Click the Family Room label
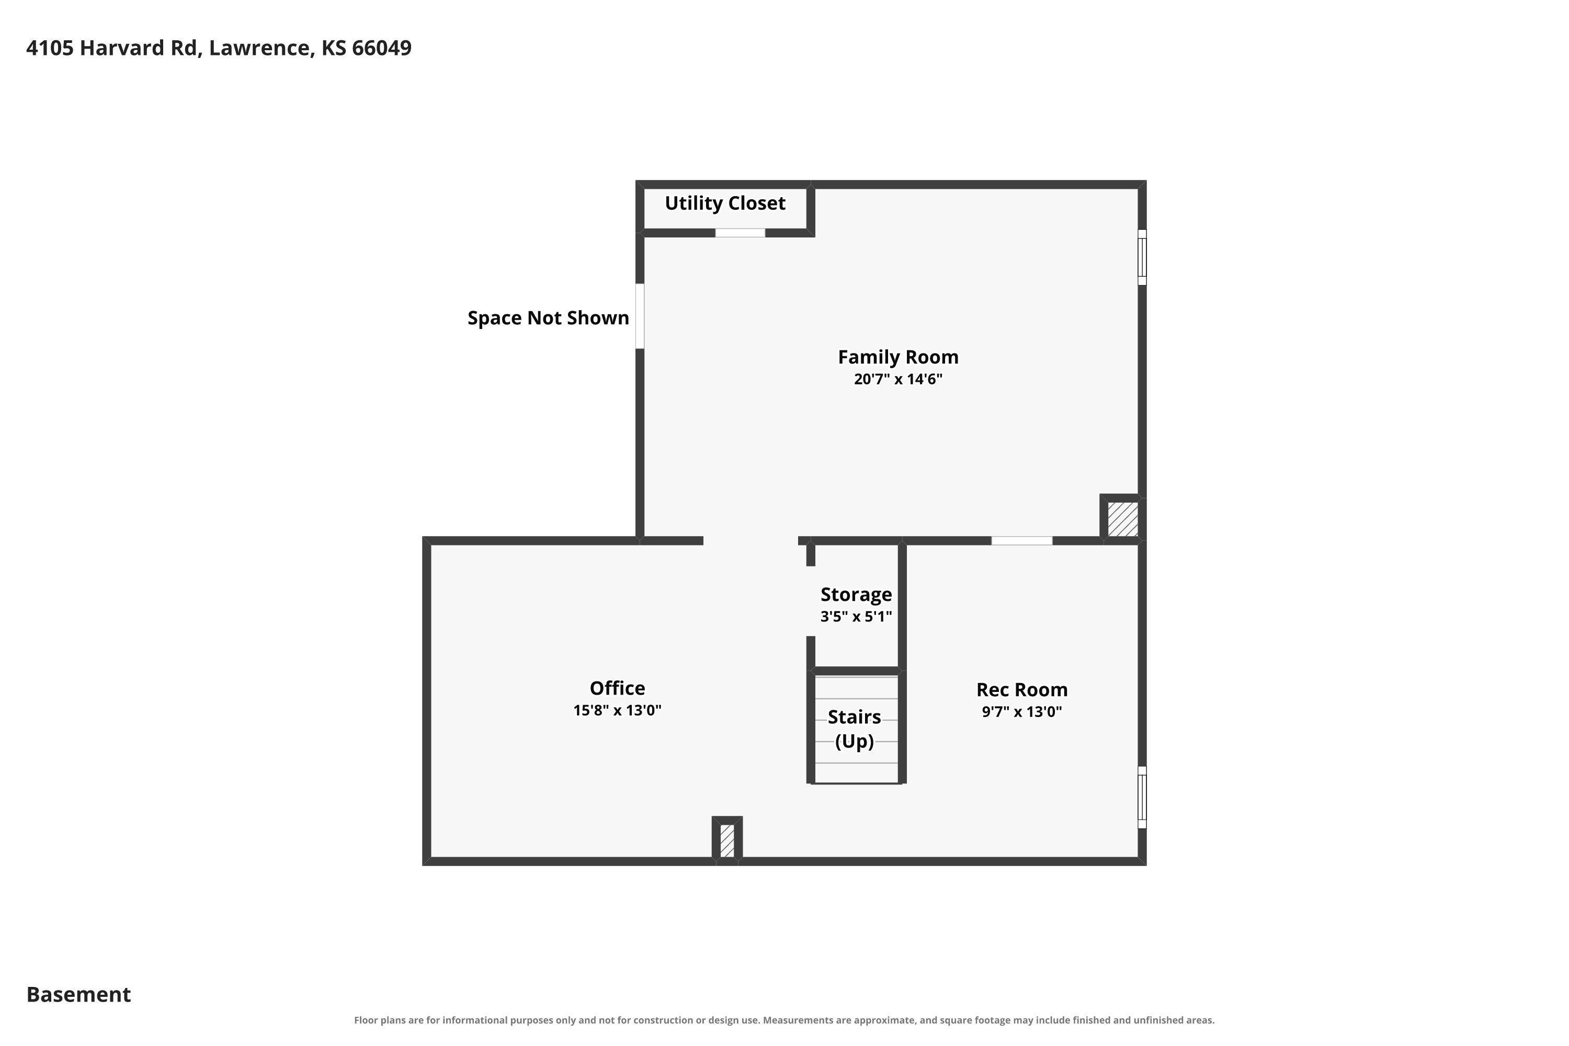coord(898,357)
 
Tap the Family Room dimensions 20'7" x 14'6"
coord(898,379)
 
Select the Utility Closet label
coord(725,203)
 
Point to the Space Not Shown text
coord(548,317)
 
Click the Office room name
coord(617,688)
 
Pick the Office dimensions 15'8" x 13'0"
coord(617,710)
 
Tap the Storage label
coord(856,594)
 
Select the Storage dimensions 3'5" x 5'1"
coord(856,616)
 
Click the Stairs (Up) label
coord(855,729)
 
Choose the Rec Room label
coord(1022,689)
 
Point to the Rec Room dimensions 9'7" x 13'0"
coord(1022,711)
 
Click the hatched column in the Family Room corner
coord(1123,519)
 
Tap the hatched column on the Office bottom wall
coord(727,840)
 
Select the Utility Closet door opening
coord(741,233)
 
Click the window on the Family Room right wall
coord(1142,257)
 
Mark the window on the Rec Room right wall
coord(1142,797)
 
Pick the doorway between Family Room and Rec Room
coord(1022,540)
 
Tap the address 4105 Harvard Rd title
coord(219,48)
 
